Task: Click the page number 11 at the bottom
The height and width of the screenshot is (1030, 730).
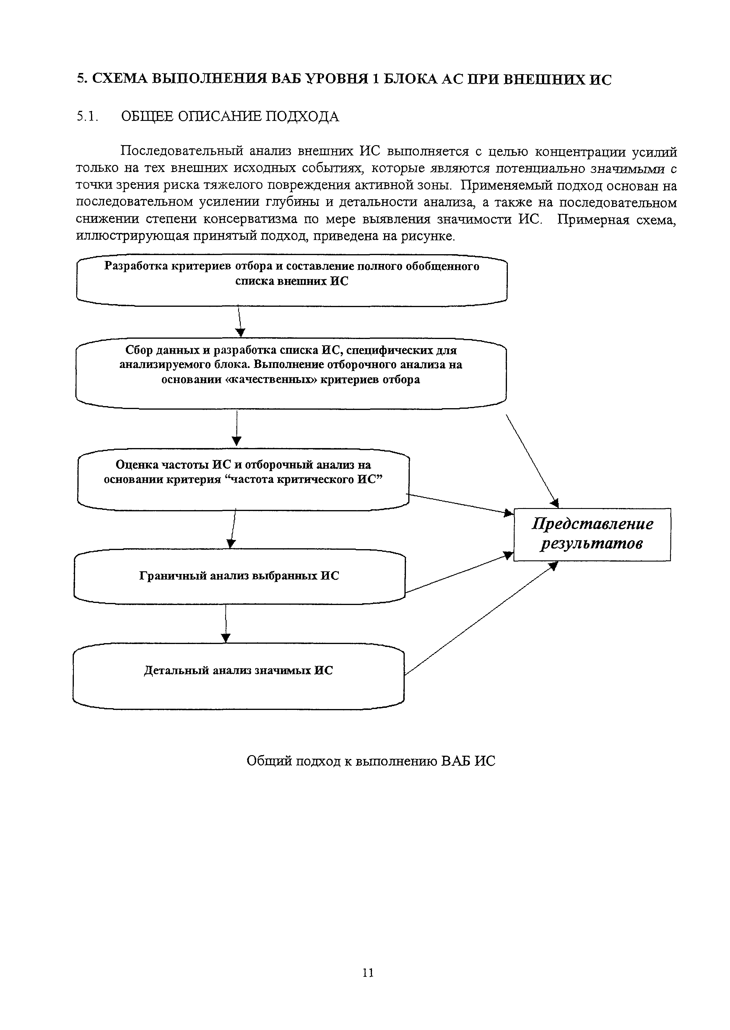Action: click(368, 972)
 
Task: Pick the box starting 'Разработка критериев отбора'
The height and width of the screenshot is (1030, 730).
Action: click(291, 281)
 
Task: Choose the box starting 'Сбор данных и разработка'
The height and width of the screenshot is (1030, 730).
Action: click(290, 373)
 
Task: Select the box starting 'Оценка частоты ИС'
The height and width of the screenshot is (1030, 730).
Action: click(243, 479)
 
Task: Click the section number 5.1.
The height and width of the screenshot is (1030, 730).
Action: click(87, 117)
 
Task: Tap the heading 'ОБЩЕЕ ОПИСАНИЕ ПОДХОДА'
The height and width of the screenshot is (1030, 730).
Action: click(230, 117)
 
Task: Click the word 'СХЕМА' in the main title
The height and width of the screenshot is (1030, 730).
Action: click(119, 79)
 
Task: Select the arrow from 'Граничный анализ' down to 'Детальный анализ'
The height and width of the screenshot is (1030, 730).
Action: click(226, 624)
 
